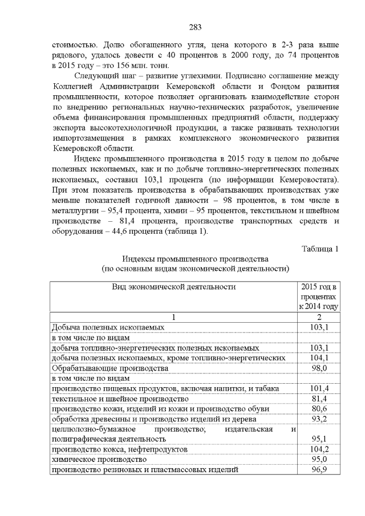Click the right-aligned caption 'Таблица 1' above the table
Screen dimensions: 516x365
point(320,248)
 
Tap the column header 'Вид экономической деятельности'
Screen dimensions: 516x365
point(174,287)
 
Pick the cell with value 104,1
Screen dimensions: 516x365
point(319,357)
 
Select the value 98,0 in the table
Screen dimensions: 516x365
point(319,368)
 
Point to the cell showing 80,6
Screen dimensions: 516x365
point(319,409)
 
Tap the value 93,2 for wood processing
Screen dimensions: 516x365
point(319,419)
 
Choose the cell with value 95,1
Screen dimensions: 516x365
point(319,440)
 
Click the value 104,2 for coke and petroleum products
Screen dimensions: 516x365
point(319,450)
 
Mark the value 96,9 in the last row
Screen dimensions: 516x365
point(319,470)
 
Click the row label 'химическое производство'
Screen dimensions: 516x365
point(95,460)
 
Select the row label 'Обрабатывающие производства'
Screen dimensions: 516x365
point(109,368)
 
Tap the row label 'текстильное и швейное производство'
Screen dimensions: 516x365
point(120,399)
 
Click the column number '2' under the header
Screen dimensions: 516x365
point(319,317)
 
